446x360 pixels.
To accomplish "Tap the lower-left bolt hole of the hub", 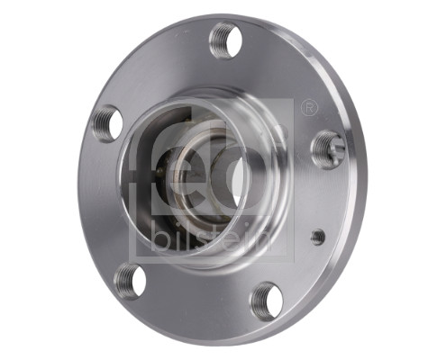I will pyautogui.click(x=131, y=280).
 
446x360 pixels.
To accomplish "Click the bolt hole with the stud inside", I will pyautogui.click(x=327, y=148).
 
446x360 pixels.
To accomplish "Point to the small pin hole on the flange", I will pyautogui.click(x=317, y=236).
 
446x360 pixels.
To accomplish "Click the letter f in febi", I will pyautogui.click(x=146, y=162).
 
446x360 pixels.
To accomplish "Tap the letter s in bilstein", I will pyautogui.click(x=192, y=239).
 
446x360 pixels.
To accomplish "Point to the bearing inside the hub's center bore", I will pyautogui.click(x=193, y=175).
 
